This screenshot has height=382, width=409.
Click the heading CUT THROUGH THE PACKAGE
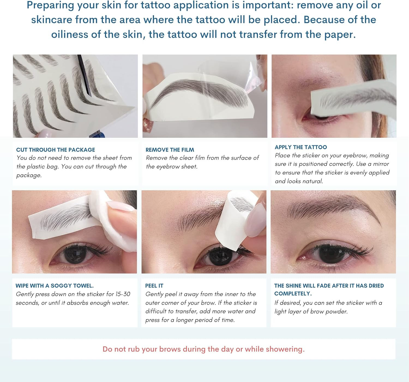[x=56, y=150]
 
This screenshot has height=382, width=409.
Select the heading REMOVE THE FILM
[x=170, y=150]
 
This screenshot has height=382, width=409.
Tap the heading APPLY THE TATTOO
[x=300, y=147]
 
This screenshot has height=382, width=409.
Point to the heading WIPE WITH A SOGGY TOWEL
[x=55, y=286]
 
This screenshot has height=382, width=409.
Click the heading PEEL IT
[x=154, y=286]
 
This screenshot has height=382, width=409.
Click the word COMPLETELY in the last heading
[x=293, y=294]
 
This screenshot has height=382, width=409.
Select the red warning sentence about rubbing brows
[x=203, y=349]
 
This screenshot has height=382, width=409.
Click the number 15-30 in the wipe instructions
[x=123, y=294]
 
